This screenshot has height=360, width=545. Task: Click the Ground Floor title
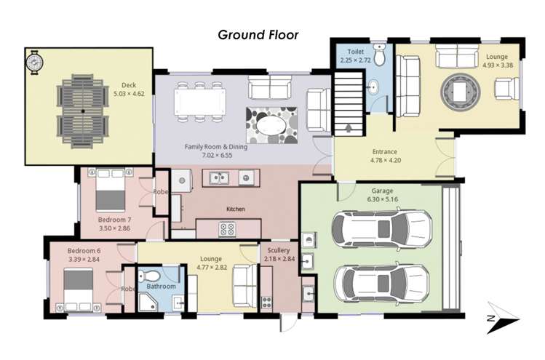click(258, 34)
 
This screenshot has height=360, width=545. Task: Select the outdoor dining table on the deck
click(82, 111)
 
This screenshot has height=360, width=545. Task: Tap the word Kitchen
click(235, 209)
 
